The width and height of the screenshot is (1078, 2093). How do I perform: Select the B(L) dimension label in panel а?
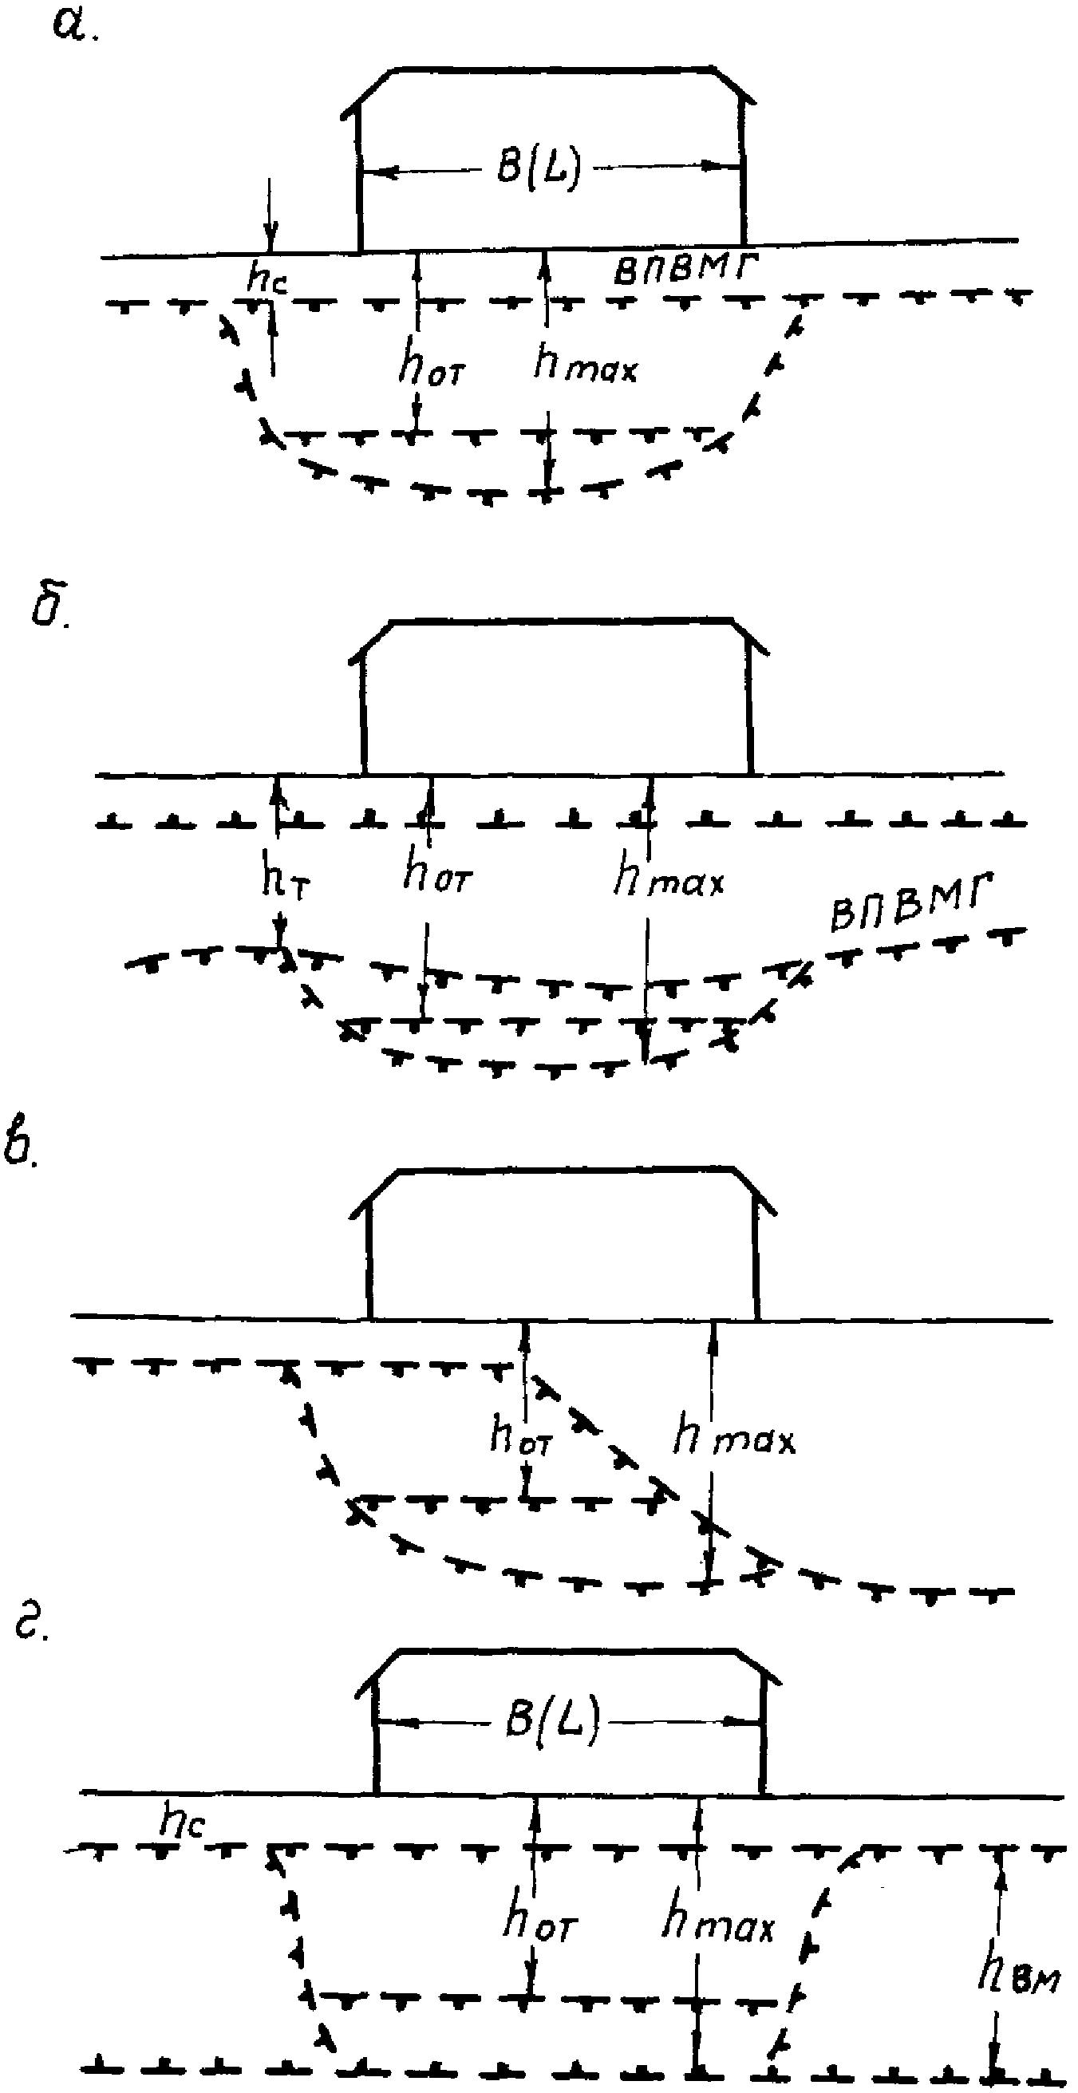[x=539, y=169]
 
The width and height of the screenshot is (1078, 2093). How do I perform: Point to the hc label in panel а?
[x=267, y=278]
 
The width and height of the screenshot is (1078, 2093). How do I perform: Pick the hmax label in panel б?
[x=669, y=878]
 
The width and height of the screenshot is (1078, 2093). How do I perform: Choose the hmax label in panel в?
[x=734, y=1434]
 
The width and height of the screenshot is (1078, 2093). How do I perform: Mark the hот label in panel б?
[x=437, y=875]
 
